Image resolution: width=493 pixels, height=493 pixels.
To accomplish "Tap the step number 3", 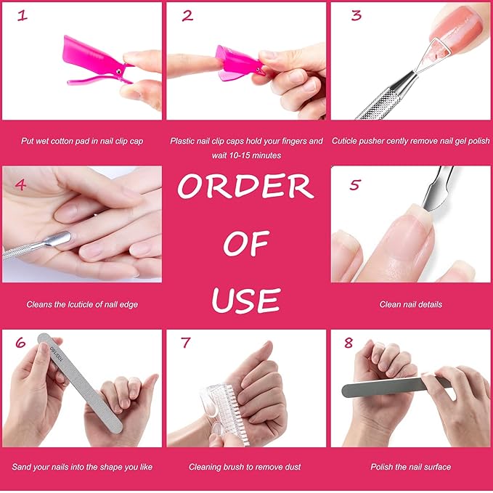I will pyautogui.click(x=356, y=15).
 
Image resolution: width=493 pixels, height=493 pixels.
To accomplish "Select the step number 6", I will pyautogui.click(x=20, y=342).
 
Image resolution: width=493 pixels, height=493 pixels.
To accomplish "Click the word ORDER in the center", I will pyautogui.click(x=245, y=187).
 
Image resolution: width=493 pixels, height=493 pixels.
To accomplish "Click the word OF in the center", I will pyautogui.click(x=246, y=245).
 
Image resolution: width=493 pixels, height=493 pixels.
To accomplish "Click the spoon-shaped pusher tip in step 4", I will pyautogui.click(x=58, y=239).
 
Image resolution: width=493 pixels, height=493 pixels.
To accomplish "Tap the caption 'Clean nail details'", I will pyautogui.click(x=410, y=304).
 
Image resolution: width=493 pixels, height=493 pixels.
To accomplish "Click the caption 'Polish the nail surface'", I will pyautogui.click(x=410, y=467).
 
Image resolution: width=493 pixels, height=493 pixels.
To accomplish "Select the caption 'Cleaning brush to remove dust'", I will pyautogui.click(x=245, y=467).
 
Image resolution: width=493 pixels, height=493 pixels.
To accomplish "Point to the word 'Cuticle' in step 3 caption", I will pyautogui.click(x=346, y=141).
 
